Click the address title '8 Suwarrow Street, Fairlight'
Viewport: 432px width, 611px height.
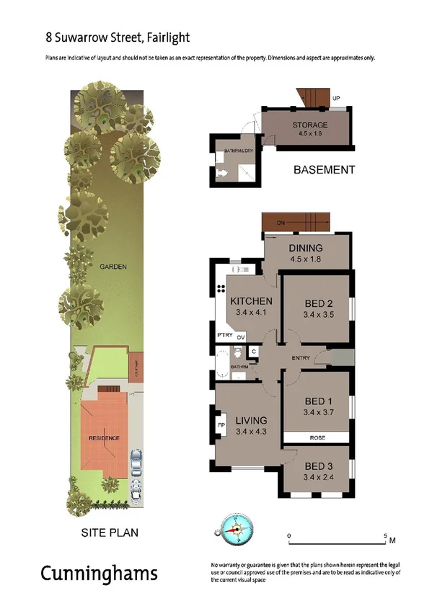tap(107, 36)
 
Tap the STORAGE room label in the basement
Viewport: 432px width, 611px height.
tap(309, 125)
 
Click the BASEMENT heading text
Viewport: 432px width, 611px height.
tap(324, 170)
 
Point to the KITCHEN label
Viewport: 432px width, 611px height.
tap(250, 301)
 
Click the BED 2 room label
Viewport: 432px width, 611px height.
tap(316, 303)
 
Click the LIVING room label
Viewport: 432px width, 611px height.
tap(250, 420)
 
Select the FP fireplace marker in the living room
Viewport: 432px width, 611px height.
tap(221, 424)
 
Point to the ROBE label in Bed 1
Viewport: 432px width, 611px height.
tap(315, 437)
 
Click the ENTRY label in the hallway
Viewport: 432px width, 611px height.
tap(301, 358)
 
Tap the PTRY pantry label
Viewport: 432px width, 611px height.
tap(224, 336)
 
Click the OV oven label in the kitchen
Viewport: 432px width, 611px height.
tap(241, 336)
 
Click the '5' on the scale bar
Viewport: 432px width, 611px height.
tap(384, 535)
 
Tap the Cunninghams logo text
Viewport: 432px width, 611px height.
tap(98, 574)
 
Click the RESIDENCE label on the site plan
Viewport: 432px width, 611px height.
tap(104, 438)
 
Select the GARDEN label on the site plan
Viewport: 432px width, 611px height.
tap(113, 267)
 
